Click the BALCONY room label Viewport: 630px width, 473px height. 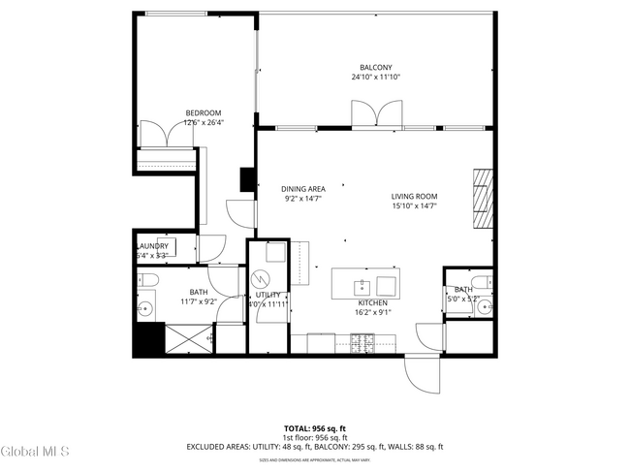372,67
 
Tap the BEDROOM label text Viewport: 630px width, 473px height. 204,112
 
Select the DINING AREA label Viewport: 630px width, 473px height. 302,189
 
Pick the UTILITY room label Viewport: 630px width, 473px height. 268,295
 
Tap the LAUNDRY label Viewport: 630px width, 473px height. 152,246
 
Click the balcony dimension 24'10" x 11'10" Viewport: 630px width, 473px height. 372,77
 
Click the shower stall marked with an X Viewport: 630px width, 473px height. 189,339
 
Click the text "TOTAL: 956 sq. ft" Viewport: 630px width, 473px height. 314,427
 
